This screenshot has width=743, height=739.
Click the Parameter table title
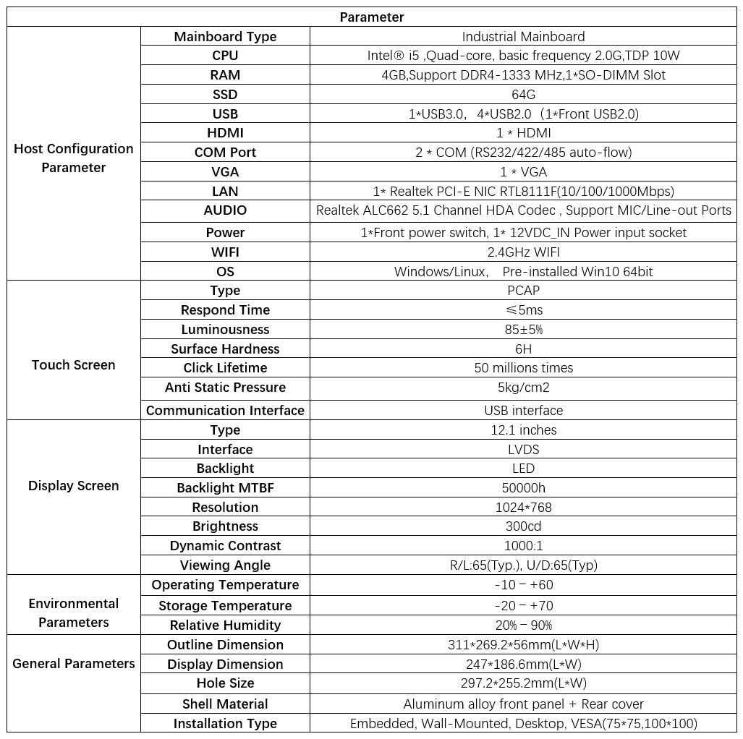coord(372,17)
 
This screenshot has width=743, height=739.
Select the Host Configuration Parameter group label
coord(74,158)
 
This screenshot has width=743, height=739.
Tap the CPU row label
coord(225,56)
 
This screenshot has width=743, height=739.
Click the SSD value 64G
coord(523,95)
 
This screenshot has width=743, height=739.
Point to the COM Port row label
coord(225,153)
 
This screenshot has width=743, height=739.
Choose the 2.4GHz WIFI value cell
coord(523,252)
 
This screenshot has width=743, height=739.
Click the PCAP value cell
coord(523,291)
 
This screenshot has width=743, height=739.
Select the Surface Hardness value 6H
coord(523,349)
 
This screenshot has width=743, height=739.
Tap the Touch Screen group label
coord(74,365)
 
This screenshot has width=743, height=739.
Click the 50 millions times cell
coord(523,368)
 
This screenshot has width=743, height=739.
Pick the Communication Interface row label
coord(225,411)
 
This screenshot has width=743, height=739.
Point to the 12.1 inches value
coord(523,430)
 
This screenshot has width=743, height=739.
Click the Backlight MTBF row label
coord(225,488)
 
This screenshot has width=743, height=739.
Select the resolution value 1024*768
coord(523,508)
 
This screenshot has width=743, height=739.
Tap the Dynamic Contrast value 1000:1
coord(523,546)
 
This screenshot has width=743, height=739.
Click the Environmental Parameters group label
coord(74,612)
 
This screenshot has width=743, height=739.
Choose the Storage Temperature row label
coord(225,606)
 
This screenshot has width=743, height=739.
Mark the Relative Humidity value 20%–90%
coord(523,625)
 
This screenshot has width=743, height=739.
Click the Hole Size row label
coord(225,683)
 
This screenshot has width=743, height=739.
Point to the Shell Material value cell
coord(523,704)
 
